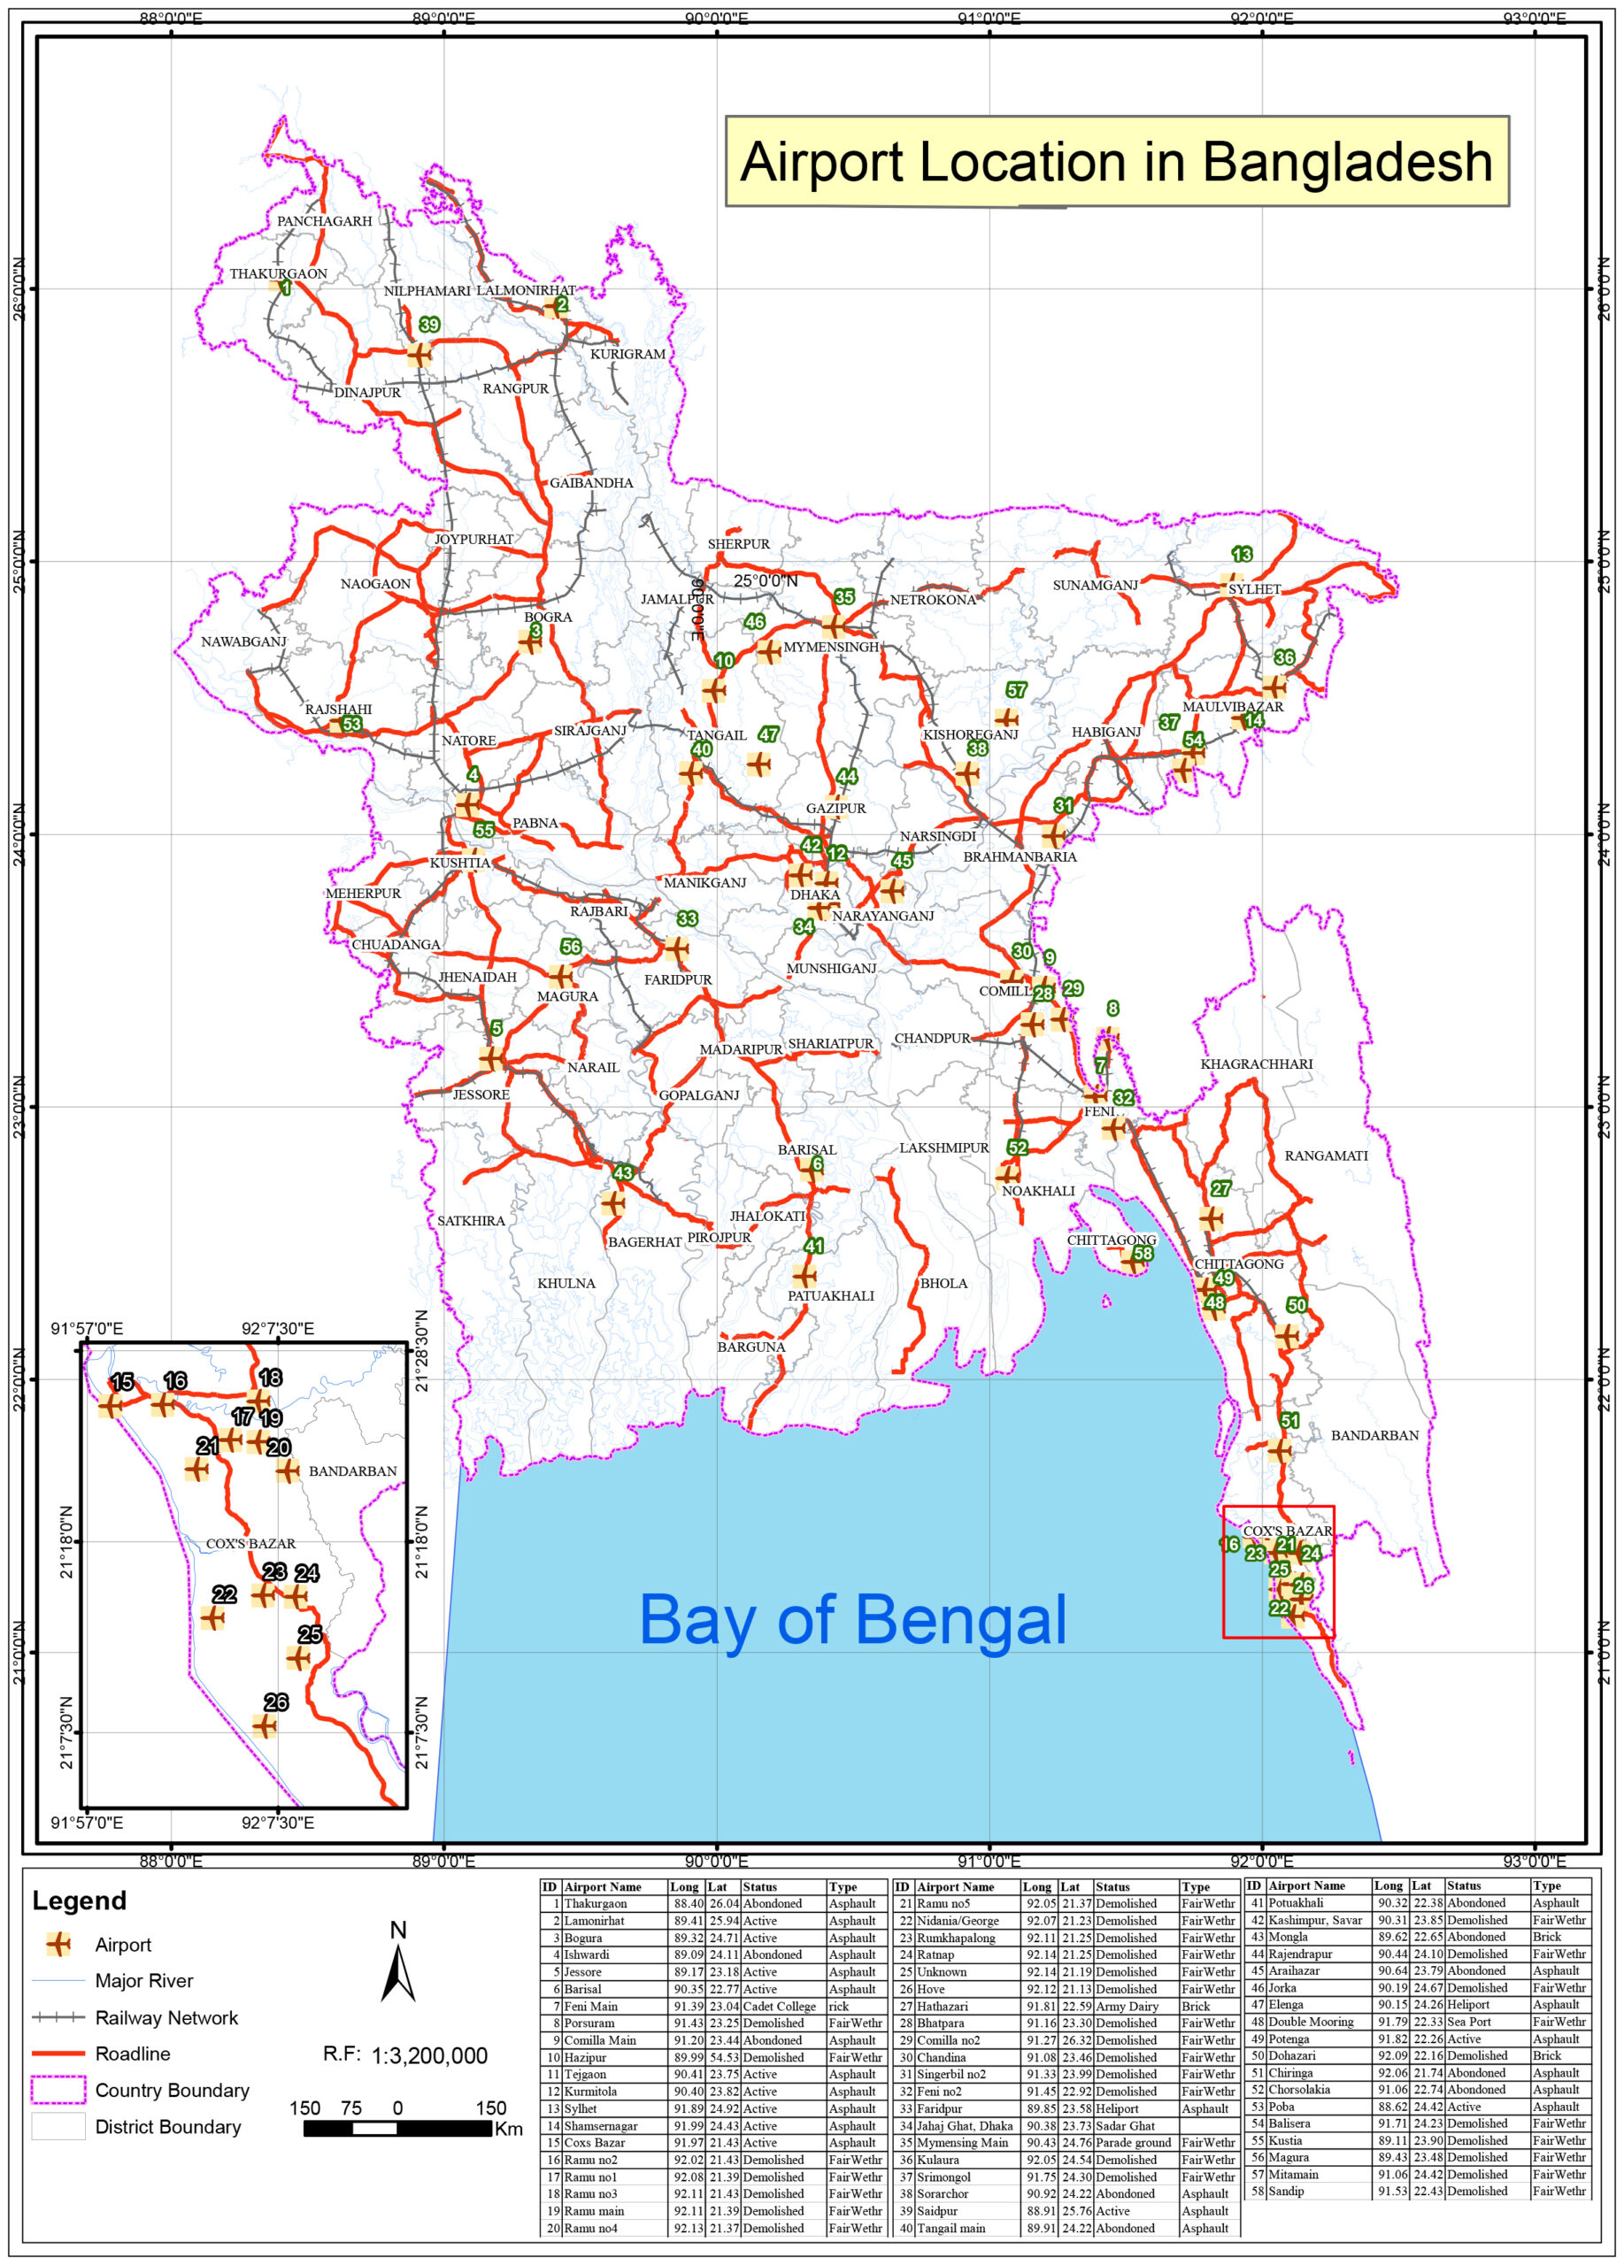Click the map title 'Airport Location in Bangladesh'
[1116, 162]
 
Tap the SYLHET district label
[1253, 589]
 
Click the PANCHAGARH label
[324, 220]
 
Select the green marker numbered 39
[429, 325]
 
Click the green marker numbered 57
[1016, 690]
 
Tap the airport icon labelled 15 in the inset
[110, 1405]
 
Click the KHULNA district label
[566, 1283]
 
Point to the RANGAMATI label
[1326, 1156]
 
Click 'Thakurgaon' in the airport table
[596, 1902]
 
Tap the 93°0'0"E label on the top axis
[1533, 18]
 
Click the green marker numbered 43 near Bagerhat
[623, 1172]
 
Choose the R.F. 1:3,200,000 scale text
[404, 2055]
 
